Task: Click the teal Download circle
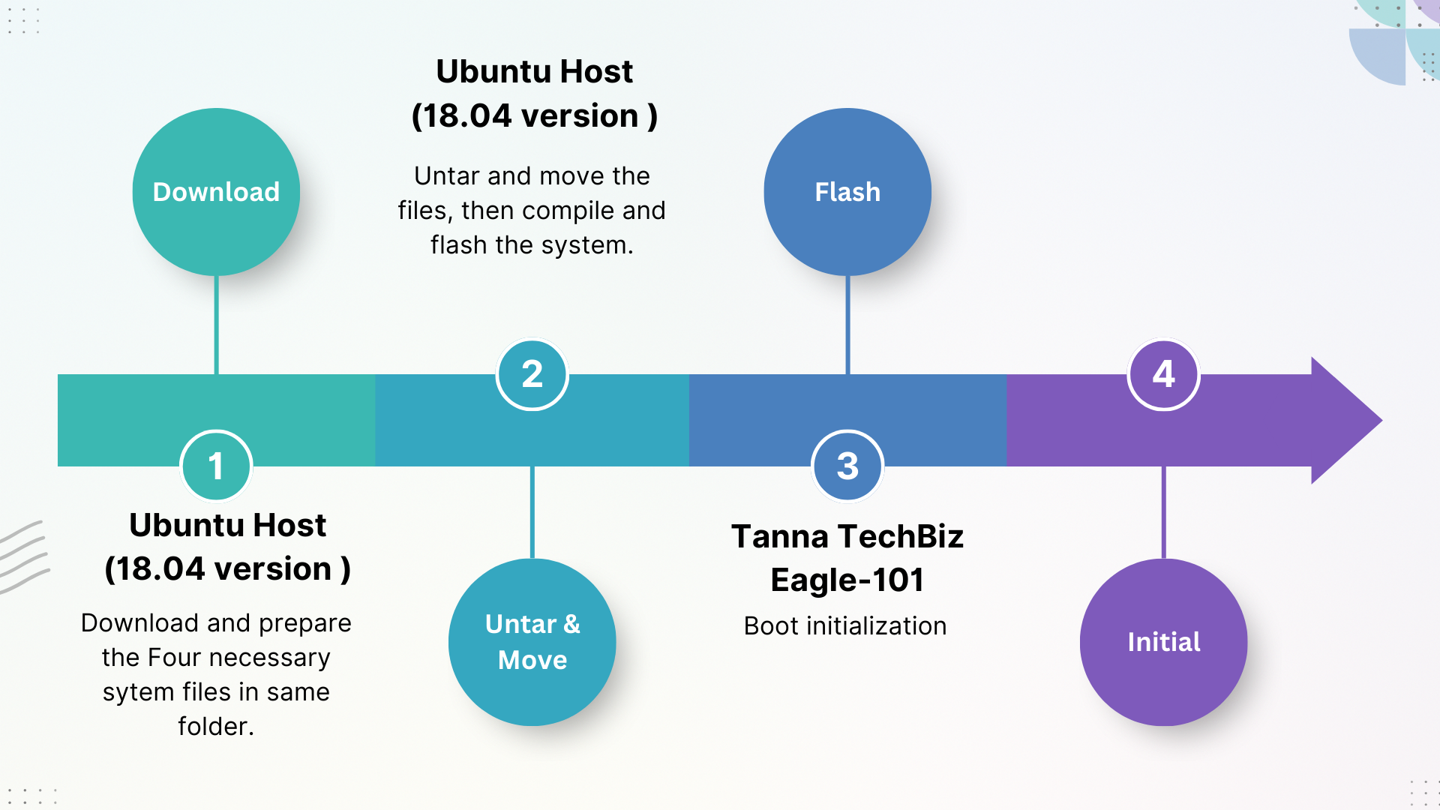coord(216,192)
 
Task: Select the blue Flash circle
coord(847,192)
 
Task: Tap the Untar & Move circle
coord(532,642)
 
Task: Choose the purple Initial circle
coord(1163,642)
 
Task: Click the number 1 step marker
coord(216,466)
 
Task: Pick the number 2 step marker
coord(532,374)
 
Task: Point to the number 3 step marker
coord(847,466)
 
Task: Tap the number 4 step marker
coord(1163,374)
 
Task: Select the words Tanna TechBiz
coord(847,537)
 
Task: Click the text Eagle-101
coord(847,580)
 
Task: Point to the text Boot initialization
coord(845,626)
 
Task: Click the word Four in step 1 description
coord(173,658)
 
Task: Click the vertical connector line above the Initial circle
coord(1163,513)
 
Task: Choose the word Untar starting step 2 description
coord(446,176)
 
